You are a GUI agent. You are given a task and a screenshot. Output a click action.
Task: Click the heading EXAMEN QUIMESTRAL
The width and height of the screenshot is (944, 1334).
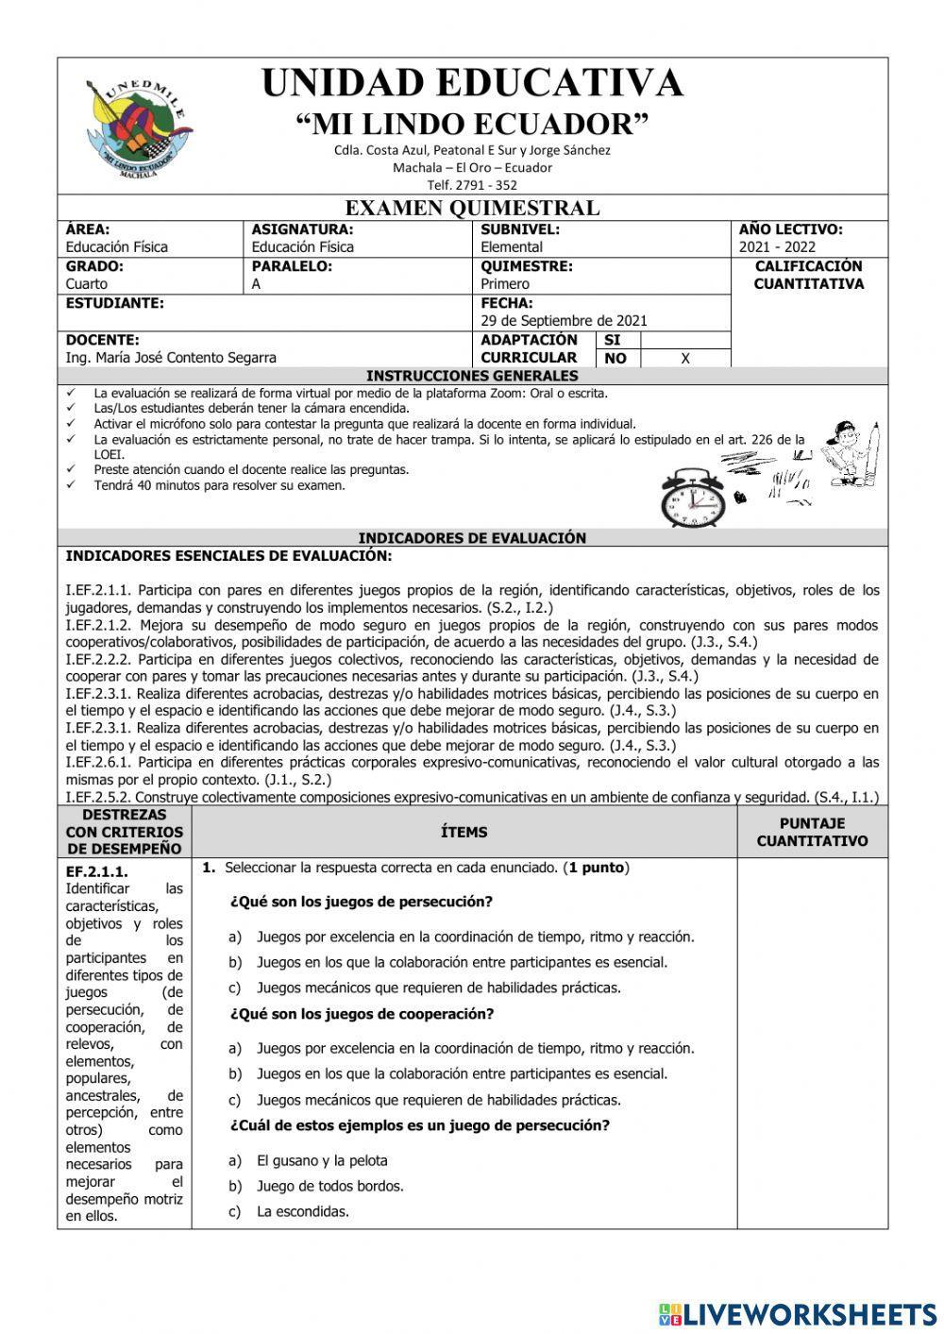(x=472, y=208)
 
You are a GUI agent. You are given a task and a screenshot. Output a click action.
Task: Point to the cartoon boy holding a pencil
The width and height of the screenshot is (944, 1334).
(x=852, y=455)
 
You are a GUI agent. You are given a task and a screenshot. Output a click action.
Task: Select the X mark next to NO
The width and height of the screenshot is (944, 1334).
(x=685, y=359)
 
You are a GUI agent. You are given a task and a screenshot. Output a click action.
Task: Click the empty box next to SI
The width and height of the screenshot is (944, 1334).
(x=685, y=340)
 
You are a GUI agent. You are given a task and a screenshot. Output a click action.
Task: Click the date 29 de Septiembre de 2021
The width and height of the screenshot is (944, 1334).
(x=564, y=321)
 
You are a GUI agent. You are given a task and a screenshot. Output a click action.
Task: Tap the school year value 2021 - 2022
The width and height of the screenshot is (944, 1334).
(x=777, y=247)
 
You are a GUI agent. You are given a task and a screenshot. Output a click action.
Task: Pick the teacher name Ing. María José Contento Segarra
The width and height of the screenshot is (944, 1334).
(x=171, y=358)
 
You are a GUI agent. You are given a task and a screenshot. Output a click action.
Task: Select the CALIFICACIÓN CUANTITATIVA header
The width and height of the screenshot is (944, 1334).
(x=808, y=275)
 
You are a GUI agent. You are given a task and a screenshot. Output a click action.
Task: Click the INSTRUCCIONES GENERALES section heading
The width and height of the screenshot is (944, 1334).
(x=472, y=376)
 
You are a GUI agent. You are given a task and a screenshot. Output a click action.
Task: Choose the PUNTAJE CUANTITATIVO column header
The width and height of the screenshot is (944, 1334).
(x=812, y=832)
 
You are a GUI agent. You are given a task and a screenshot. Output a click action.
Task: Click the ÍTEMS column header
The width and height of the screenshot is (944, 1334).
(x=464, y=832)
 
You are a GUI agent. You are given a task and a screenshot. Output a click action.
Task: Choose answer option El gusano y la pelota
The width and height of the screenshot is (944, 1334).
(x=322, y=1160)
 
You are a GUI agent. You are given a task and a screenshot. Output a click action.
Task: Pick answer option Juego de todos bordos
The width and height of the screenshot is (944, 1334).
(x=329, y=1186)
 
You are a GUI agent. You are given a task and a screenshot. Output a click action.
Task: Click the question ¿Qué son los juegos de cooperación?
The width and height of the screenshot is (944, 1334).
(x=362, y=1014)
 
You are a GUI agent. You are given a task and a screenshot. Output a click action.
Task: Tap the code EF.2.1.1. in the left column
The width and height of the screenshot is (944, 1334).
(x=96, y=871)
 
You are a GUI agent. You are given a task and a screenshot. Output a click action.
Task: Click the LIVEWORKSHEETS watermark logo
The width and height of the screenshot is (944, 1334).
(x=797, y=1313)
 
